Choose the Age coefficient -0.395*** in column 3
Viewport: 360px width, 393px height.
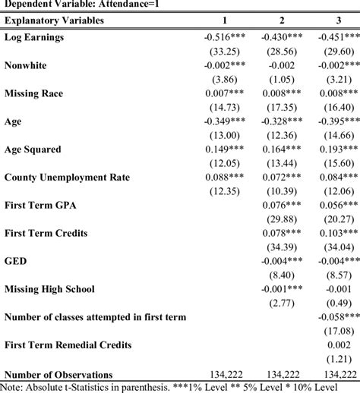336,121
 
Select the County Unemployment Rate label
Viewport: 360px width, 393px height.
67,178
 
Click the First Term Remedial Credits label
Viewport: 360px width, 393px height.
68,345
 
